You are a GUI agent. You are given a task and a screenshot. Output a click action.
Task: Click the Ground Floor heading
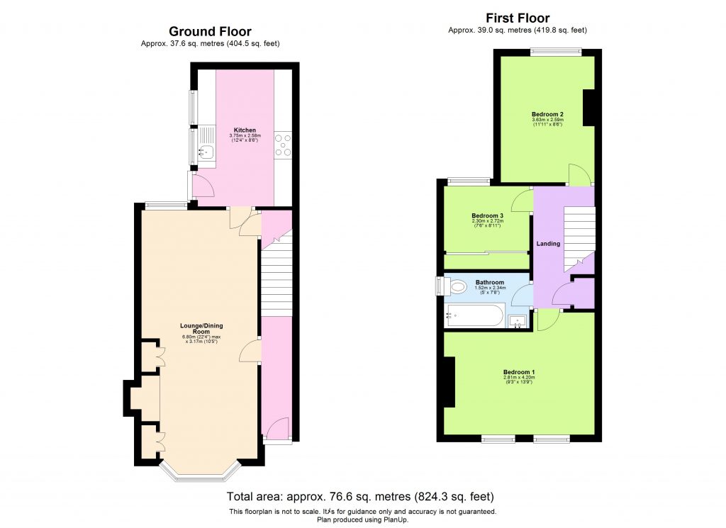(x=209, y=31)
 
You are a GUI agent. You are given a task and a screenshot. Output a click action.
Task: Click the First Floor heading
(x=517, y=18)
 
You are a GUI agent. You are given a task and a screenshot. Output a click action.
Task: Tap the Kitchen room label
(x=245, y=130)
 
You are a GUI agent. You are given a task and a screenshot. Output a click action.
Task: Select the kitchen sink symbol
(x=206, y=150)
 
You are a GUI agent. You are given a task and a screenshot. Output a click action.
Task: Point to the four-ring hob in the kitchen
(x=284, y=145)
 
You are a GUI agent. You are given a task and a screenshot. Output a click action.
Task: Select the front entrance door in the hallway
(x=277, y=428)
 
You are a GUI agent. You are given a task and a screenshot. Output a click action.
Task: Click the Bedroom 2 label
(x=547, y=114)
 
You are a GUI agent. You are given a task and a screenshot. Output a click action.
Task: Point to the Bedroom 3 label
(x=487, y=215)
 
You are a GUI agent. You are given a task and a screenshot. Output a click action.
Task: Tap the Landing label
(x=548, y=244)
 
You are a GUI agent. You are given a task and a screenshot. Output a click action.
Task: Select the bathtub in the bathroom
(x=474, y=317)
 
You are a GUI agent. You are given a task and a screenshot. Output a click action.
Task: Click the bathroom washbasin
(x=518, y=321)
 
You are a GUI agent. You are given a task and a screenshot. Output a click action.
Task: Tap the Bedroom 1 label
(x=519, y=372)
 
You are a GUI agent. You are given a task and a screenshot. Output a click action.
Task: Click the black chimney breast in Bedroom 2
(x=588, y=108)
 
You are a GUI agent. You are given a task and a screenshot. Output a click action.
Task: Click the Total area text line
(x=359, y=496)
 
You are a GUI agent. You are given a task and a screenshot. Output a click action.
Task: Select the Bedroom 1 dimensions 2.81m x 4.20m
(x=519, y=378)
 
